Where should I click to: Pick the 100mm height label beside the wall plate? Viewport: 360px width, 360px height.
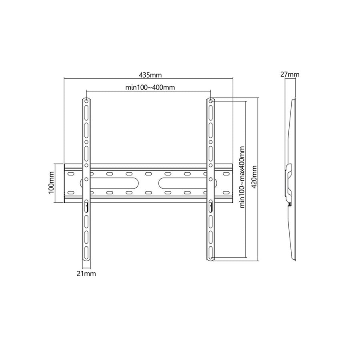point(51,183)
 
